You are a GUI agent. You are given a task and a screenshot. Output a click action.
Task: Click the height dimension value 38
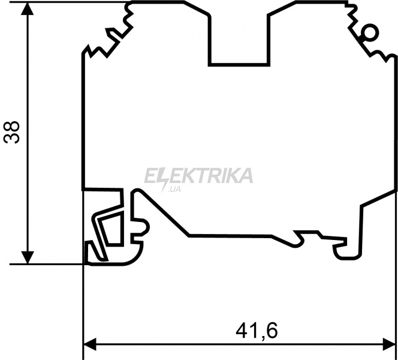[11, 133]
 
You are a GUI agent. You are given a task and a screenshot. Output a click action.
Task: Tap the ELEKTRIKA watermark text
[198, 176]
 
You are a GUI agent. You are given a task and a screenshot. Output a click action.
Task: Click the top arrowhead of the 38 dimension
[28, 8]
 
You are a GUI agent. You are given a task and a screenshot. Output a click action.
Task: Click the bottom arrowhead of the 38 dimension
[28, 257]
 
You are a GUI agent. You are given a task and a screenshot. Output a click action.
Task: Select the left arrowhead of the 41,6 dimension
[90, 344]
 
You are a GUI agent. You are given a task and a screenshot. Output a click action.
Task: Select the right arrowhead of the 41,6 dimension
[390, 344]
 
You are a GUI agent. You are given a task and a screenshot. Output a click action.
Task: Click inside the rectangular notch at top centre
[239, 41]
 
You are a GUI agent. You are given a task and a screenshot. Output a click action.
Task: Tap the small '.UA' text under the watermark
[174, 189]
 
